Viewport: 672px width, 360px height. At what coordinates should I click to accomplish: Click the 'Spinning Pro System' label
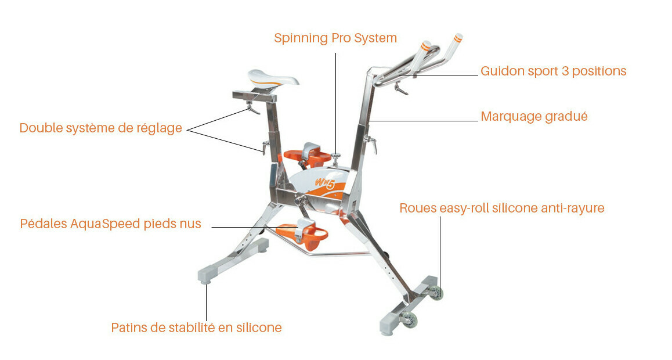pos(335,38)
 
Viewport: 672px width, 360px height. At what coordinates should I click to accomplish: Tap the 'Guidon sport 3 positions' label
pos(553,71)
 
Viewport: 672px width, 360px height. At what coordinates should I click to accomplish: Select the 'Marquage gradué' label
pos(534,116)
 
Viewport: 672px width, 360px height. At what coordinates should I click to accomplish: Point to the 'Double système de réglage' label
pos(101,128)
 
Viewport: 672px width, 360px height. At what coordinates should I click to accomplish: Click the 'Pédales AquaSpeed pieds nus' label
pos(111,224)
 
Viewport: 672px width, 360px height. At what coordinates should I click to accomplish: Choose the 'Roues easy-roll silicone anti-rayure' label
pos(502,208)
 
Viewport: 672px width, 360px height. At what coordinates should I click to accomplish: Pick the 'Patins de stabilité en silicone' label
pos(196,327)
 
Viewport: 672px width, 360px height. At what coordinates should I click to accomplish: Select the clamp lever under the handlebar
pos(400,88)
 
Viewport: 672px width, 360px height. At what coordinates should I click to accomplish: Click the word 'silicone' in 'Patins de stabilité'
pos(259,327)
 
